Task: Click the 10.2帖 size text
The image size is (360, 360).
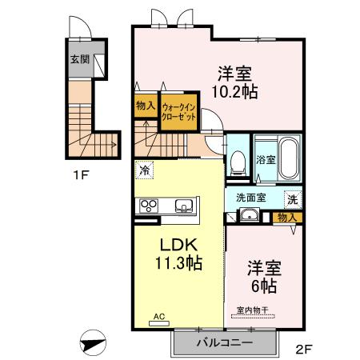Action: point(234,92)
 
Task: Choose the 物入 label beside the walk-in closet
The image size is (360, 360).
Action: point(145,106)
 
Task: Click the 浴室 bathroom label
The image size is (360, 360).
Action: point(266,158)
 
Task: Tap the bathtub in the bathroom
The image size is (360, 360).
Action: point(289,155)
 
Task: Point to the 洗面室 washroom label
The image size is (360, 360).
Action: point(250,198)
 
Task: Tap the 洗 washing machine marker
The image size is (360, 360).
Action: point(293,198)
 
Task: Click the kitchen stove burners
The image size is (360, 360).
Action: point(150,206)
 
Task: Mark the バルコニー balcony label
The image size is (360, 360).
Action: point(225,342)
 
